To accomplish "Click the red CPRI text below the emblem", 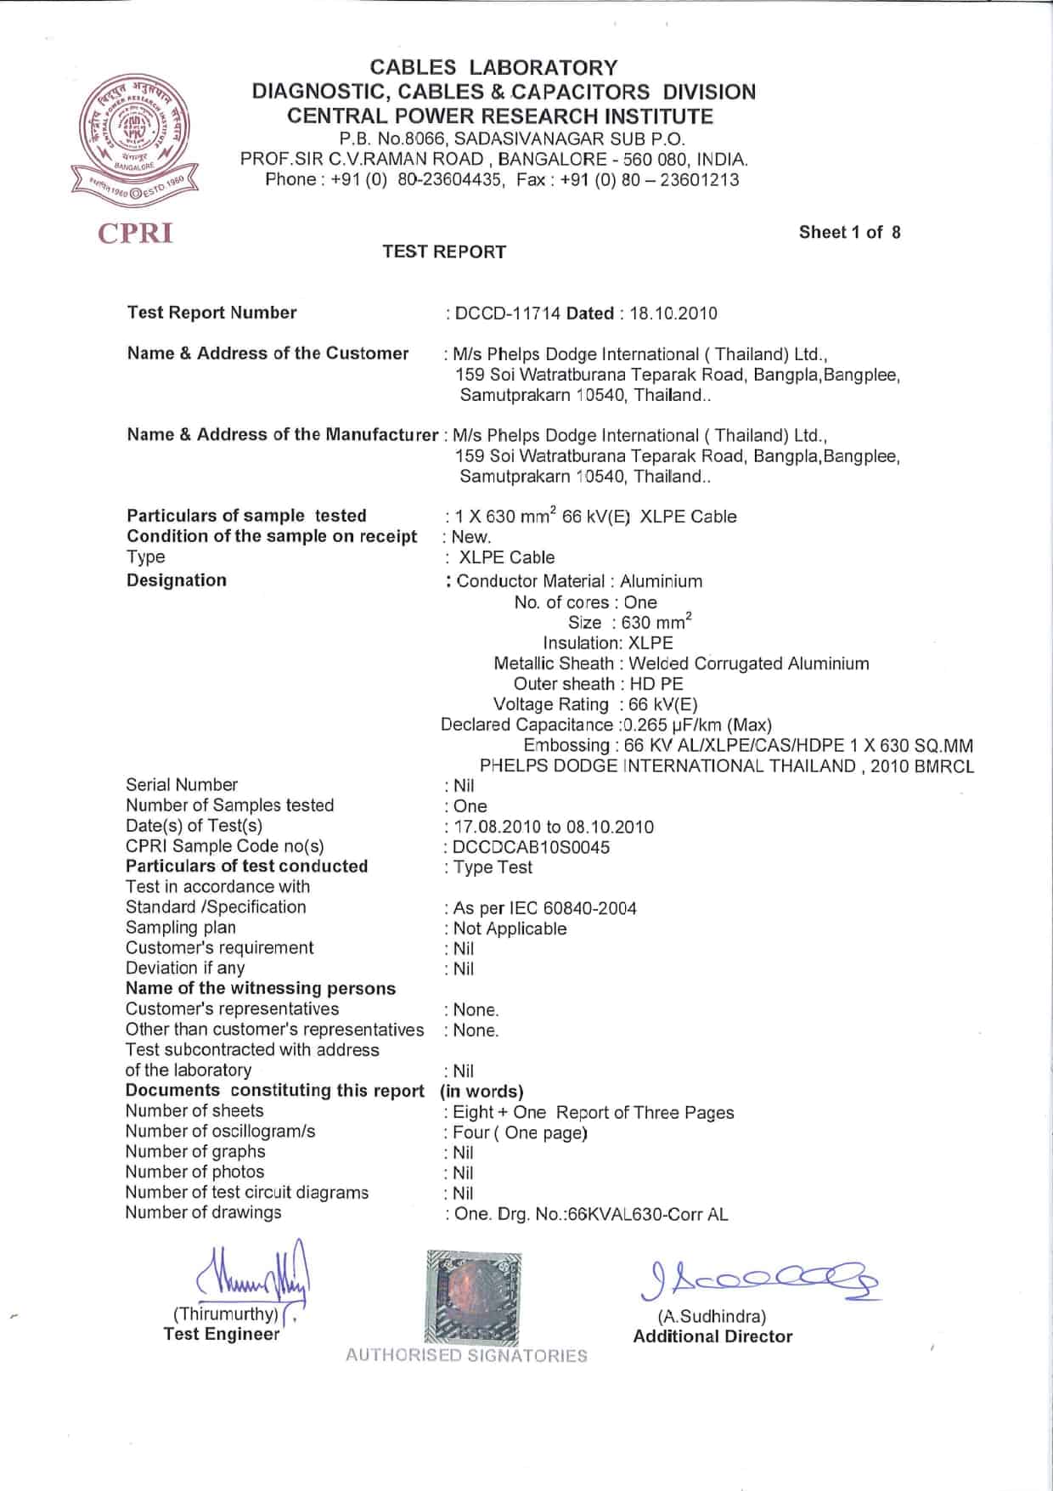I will pyautogui.click(x=136, y=233).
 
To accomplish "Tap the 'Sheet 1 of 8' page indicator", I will pyautogui.click(x=849, y=232).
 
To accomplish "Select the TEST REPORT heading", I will pyautogui.click(x=444, y=251).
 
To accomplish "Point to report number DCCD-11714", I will pyautogui.click(x=508, y=313).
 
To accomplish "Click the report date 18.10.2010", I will pyautogui.click(x=673, y=313).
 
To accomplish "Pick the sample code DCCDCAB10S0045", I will pyautogui.click(x=532, y=847).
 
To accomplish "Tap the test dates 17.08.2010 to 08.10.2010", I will pyautogui.click(x=554, y=827).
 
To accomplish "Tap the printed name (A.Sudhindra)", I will pyautogui.click(x=712, y=1316).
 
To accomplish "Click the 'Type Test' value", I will pyautogui.click(x=493, y=867).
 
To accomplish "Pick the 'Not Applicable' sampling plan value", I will pyautogui.click(x=510, y=929).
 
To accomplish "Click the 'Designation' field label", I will pyautogui.click(x=177, y=580).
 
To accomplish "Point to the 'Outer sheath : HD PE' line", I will pyautogui.click(x=598, y=684).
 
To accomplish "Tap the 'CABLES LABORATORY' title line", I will pyautogui.click(x=494, y=68).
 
